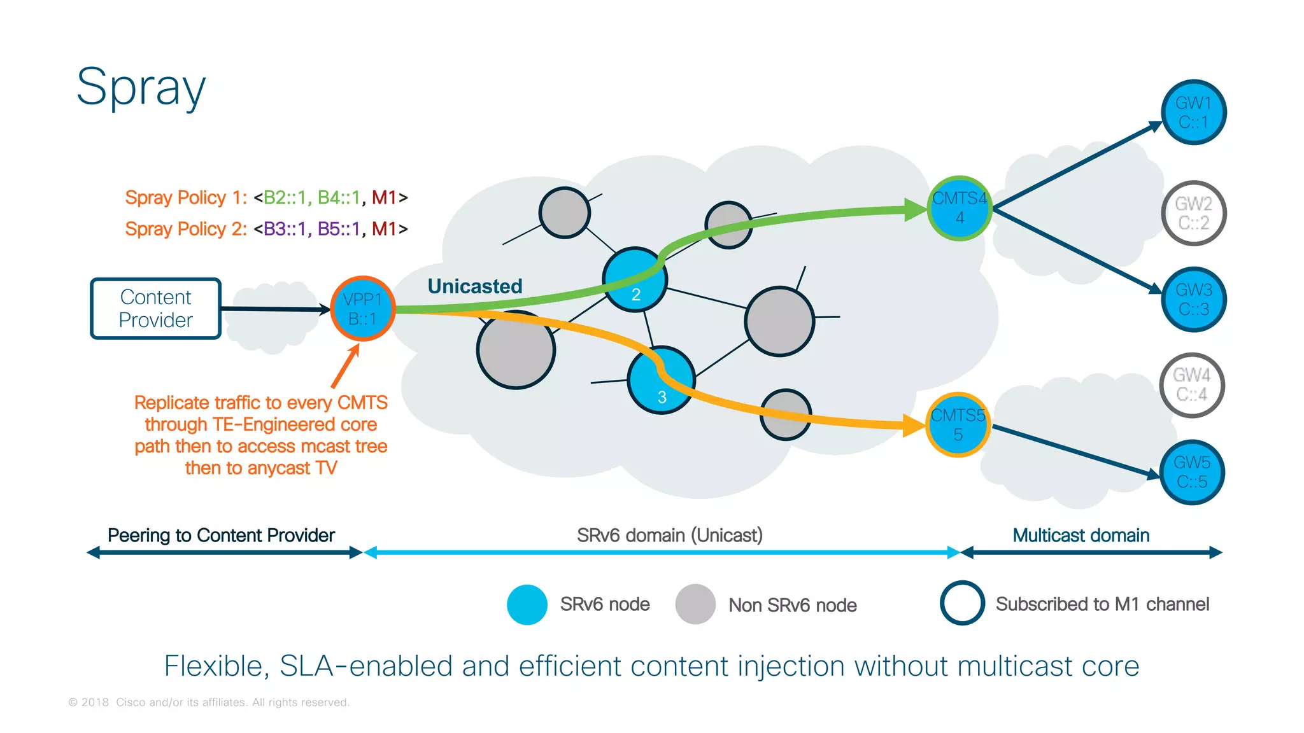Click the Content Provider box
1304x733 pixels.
[x=155, y=309]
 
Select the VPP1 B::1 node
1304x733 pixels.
[x=363, y=309]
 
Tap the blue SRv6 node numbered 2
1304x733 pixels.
[x=635, y=280]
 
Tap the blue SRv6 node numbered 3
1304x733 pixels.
[x=661, y=380]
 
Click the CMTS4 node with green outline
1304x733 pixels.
[x=959, y=208]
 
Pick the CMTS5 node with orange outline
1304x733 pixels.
[x=958, y=425]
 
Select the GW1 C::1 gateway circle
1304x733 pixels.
[x=1193, y=113]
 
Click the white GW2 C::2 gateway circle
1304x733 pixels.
[x=1193, y=213]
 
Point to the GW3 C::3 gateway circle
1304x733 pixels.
[x=1193, y=300]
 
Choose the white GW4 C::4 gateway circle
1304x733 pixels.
[x=1192, y=385]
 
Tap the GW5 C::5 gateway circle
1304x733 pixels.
[x=1192, y=472]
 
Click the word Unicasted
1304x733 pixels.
[x=475, y=286]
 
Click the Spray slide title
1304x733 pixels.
[x=141, y=88]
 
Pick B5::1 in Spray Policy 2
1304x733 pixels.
[x=339, y=229]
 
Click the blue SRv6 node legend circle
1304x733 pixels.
[x=527, y=604]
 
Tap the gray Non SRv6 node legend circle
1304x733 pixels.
[x=695, y=604]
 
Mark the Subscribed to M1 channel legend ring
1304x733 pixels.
[x=962, y=603]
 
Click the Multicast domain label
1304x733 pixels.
[x=1081, y=536]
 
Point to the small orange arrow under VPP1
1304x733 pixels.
[x=345, y=366]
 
